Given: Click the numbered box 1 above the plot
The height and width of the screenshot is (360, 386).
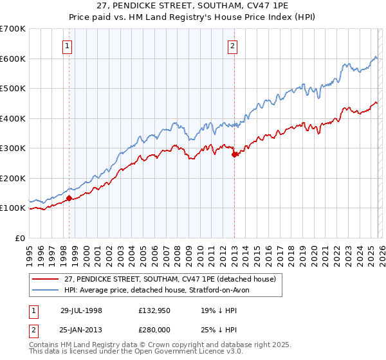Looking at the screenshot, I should coord(68,46).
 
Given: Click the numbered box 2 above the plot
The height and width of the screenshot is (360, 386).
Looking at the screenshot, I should coord(232,46).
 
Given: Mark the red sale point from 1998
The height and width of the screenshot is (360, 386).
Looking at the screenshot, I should coord(69,198).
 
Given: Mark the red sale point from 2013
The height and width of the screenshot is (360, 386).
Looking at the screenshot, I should coord(235,154).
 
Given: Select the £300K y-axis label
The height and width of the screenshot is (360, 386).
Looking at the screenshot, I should coord(13,148).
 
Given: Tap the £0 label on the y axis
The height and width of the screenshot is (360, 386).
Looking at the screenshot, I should coord(19,238).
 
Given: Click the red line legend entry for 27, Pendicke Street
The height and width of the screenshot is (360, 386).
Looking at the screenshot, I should coord(170,279).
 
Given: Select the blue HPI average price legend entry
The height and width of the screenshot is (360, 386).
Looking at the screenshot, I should coord(161,290).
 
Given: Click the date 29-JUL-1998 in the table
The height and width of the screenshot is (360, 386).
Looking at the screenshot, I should coord(82,310).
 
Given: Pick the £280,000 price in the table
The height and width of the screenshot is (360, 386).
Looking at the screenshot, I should coord(154,330).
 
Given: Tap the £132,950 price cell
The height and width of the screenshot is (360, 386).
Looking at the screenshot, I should coord(154,310).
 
